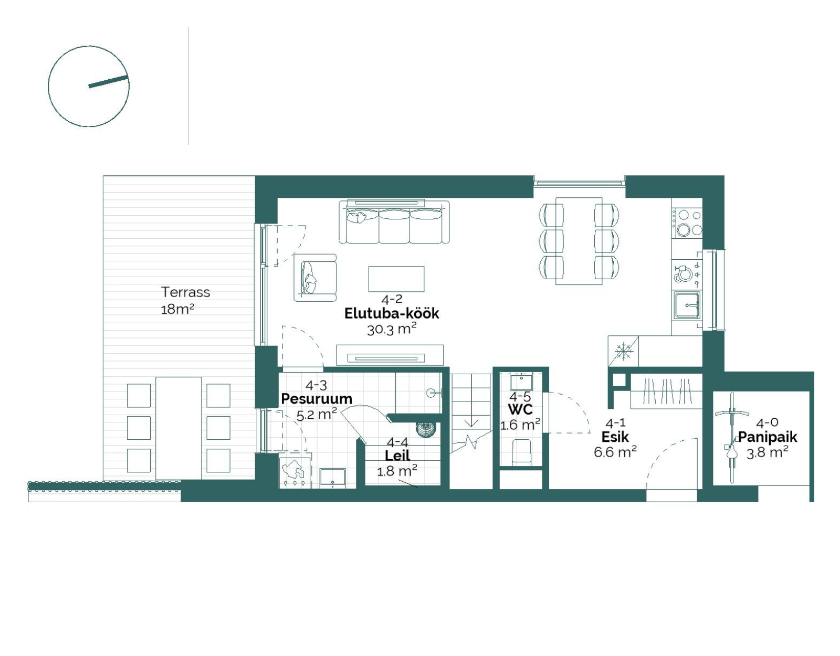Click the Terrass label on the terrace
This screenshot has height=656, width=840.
coord(185,292)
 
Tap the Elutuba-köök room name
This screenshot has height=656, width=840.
coord(392,313)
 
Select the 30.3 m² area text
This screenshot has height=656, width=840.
coord(392,330)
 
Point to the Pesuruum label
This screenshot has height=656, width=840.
coord(316,399)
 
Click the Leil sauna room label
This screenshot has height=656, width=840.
coord(397,456)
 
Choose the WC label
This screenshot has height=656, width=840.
coord(520,409)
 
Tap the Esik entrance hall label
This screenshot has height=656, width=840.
coord(615,437)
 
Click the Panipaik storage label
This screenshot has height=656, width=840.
coord(768,437)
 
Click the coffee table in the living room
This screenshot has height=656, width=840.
coord(396,279)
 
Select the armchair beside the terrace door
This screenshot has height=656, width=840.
coord(315,278)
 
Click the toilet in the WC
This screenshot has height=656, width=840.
coord(521,452)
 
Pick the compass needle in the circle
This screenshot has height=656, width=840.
coord(108,81)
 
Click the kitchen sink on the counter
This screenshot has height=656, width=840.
coord(687,305)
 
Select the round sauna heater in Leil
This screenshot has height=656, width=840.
coord(426,429)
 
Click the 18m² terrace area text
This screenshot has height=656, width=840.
coord(177,310)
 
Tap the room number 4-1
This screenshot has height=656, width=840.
coord(615,423)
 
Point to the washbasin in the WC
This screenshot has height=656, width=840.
coord(521,382)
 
